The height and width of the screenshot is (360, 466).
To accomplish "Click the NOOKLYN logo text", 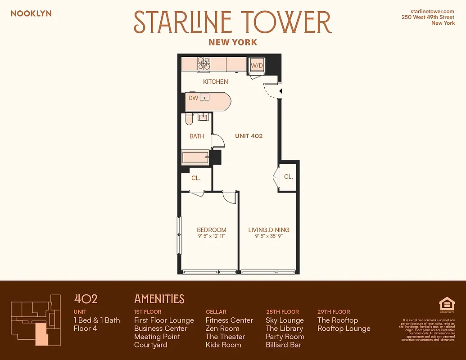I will pyautogui.click(x=31, y=13).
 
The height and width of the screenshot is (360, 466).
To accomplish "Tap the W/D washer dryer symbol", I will pyautogui.click(x=257, y=65).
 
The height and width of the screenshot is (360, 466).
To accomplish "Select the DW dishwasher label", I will pyautogui.click(x=193, y=98).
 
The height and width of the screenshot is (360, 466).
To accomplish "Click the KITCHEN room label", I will pyautogui.click(x=215, y=82).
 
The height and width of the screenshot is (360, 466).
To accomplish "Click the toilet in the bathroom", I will pyautogui.click(x=189, y=119).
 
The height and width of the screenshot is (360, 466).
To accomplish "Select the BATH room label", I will pyautogui.click(x=197, y=136).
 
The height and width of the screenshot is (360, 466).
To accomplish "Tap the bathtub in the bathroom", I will pyautogui.click(x=195, y=158).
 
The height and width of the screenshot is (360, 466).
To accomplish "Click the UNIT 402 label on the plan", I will pyautogui.click(x=249, y=136).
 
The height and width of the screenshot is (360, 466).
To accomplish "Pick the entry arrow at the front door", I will pyautogui.click(x=281, y=91).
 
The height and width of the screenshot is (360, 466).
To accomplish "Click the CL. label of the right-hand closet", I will pyautogui.click(x=289, y=177).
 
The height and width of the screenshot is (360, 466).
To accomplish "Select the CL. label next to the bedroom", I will pyautogui.click(x=196, y=178).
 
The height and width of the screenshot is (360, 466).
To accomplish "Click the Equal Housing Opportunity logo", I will pyautogui.click(x=444, y=305).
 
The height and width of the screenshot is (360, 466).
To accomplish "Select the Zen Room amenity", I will pyautogui.click(x=222, y=328).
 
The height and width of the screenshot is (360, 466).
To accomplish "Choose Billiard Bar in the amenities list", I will pyautogui.click(x=283, y=345).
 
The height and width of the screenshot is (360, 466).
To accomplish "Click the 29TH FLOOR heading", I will pyautogui.click(x=334, y=311).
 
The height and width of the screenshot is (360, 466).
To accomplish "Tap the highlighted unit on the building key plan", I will pyautogui.click(x=41, y=333).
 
